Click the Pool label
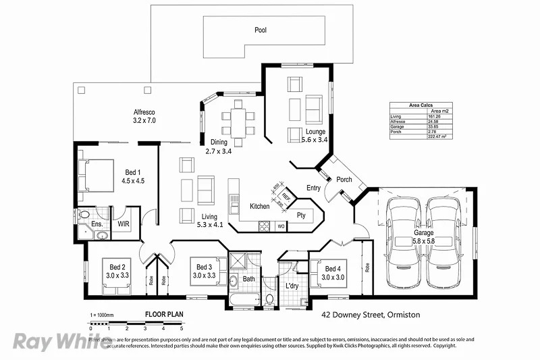261,30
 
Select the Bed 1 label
132,172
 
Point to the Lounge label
315,132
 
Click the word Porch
344,180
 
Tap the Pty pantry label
301,215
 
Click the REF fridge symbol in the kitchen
286,198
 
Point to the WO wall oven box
281,226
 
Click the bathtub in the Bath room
242,299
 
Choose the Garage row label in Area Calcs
397,126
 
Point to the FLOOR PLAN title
164,314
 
